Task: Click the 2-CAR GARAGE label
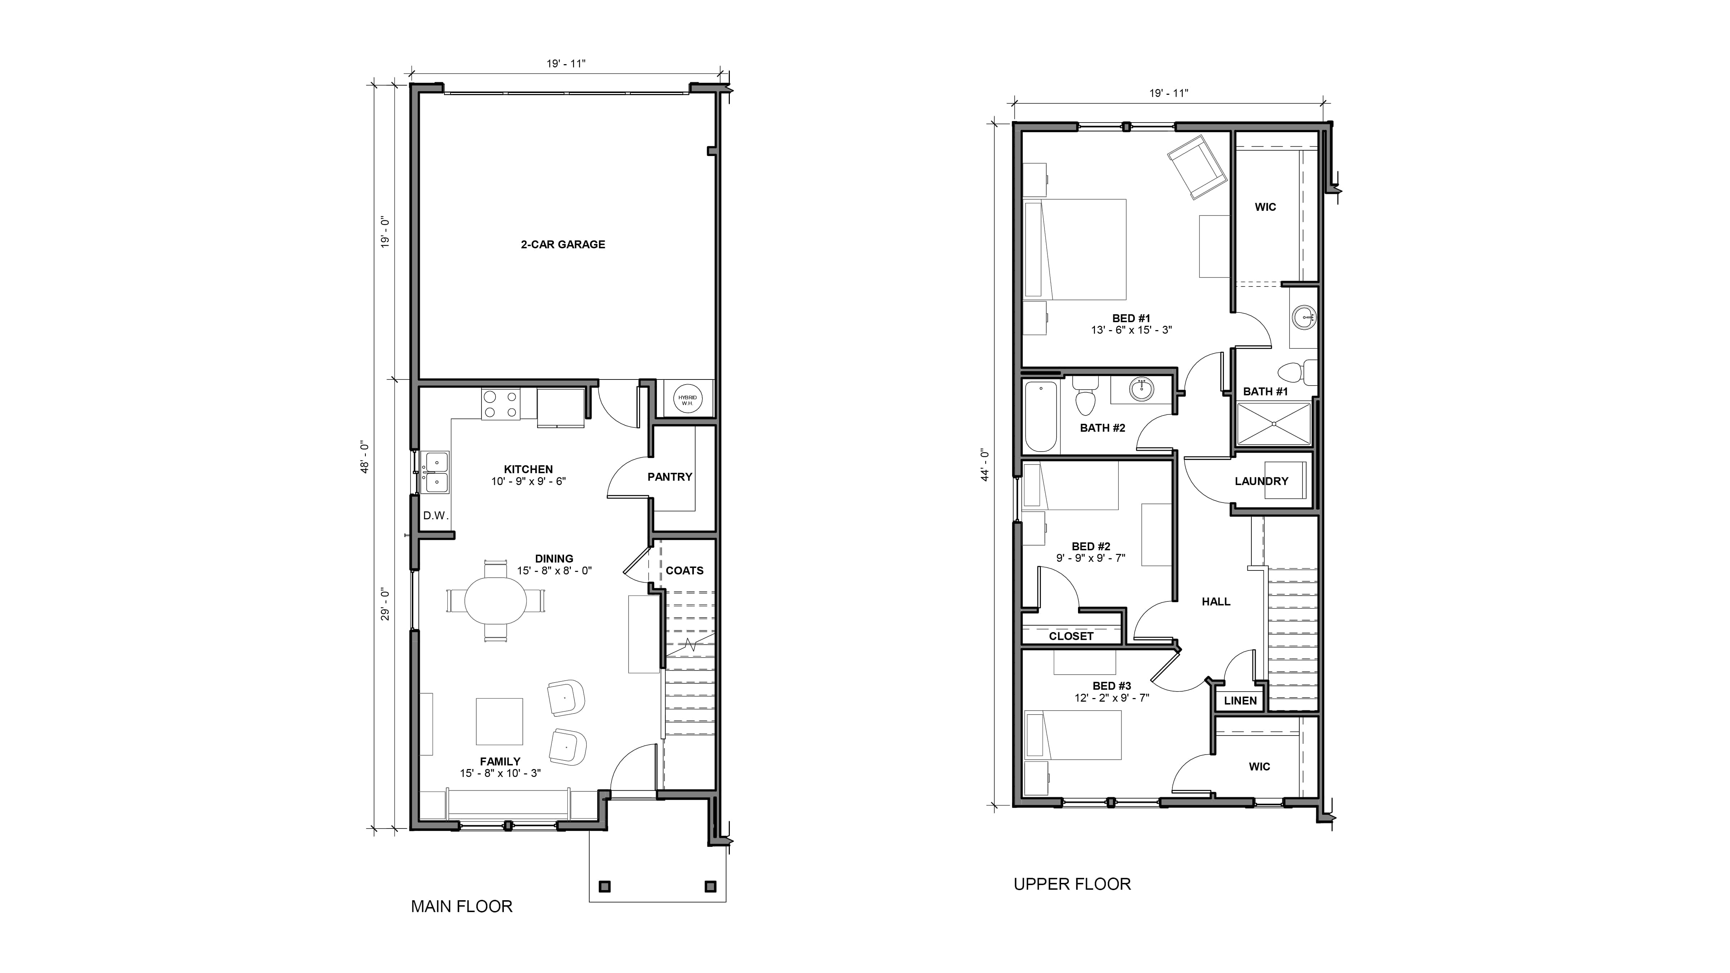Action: pos(563,244)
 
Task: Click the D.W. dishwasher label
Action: pos(435,516)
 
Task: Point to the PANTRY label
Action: pos(670,477)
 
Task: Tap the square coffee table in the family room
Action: pos(499,722)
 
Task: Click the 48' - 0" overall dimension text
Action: pos(365,457)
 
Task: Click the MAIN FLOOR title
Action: pos(461,907)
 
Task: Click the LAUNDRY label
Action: pos(1261,481)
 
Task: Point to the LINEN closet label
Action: pos(1240,700)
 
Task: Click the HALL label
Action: pos(1216,602)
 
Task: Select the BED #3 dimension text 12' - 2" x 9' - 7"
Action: pos(1112,698)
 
